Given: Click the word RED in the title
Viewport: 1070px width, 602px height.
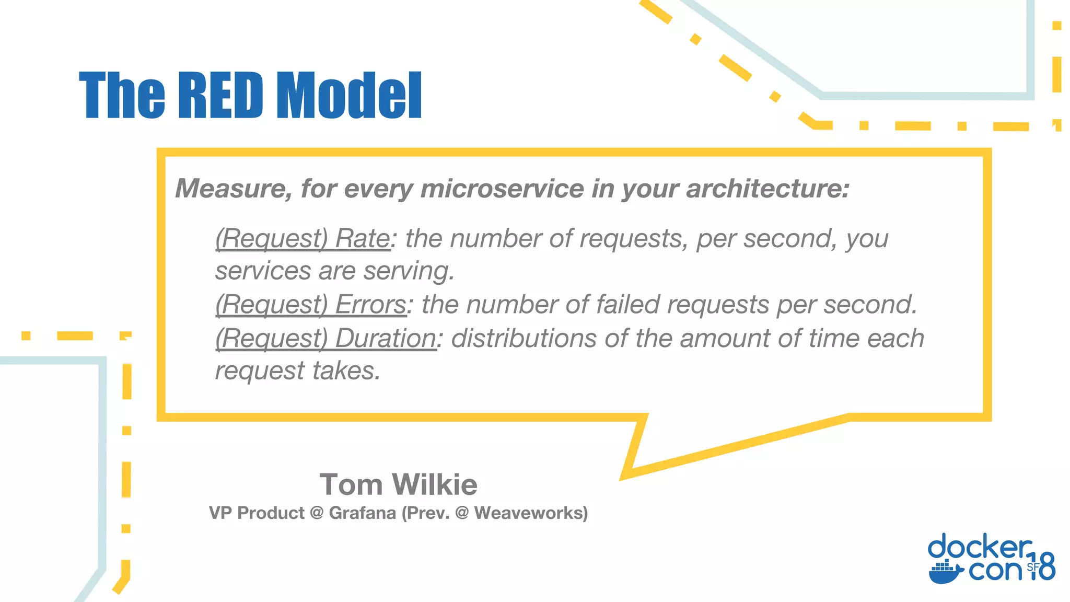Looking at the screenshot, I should pos(220,96).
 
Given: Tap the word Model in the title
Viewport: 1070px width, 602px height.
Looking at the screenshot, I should pos(348,96).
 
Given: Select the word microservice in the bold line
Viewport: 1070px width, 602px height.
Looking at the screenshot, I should pos(502,188).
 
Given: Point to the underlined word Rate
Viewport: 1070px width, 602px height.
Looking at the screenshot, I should pos(362,239).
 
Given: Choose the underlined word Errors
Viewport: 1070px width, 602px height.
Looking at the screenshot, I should pos(370,305).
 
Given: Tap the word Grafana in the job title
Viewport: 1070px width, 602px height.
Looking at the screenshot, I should pos(362,513).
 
